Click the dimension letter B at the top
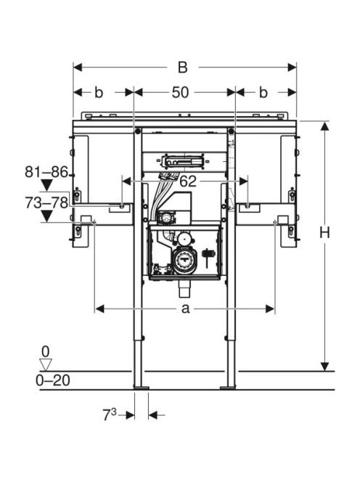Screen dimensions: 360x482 [183, 68]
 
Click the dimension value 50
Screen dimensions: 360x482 [180, 92]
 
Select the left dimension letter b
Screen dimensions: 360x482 [99, 92]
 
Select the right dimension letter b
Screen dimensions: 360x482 [263, 92]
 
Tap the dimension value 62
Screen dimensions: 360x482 [188, 181]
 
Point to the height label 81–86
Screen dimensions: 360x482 [46, 172]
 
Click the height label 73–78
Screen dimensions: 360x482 [46, 203]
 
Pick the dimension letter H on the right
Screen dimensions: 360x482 [324, 232]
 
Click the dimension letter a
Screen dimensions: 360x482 [185, 309]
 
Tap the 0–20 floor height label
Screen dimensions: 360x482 [52, 380]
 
